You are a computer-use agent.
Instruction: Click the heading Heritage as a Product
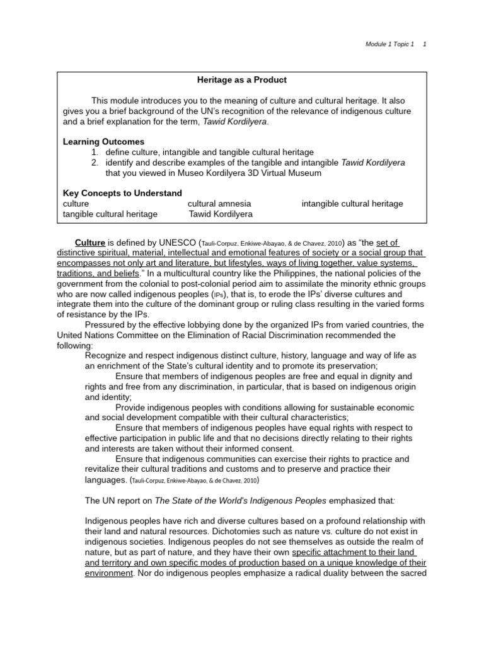click(x=242, y=80)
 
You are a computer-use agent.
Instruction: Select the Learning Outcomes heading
click(x=103, y=142)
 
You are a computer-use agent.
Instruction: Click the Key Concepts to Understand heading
click(x=122, y=193)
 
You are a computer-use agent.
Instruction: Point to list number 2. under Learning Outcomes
click(x=95, y=162)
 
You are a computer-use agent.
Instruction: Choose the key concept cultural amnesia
click(x=219, y=203)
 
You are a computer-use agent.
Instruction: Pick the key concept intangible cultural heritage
click(x=352, y=203)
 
